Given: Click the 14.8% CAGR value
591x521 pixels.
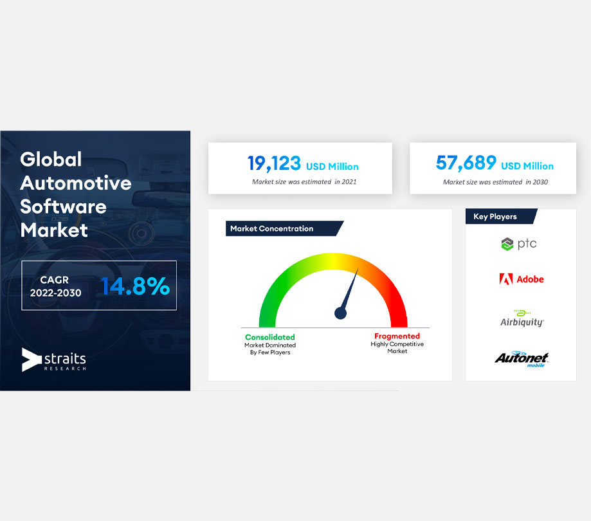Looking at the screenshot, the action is point(135,286).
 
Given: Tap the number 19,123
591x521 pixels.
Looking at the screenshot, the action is point(274,163).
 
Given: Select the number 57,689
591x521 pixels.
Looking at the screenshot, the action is point(466,163).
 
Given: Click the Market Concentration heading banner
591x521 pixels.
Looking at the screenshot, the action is point(284,228).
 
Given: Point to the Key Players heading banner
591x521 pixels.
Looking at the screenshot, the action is point(502,216).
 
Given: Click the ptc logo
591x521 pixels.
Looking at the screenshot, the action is point(518,244).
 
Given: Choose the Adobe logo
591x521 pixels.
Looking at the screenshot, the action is point(522,279).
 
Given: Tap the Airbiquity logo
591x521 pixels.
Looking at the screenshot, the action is point(522,318).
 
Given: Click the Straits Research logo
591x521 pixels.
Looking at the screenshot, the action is point(54,360).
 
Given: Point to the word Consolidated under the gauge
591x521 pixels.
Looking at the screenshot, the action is point(270,337).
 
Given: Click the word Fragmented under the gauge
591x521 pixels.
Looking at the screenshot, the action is point(397,336).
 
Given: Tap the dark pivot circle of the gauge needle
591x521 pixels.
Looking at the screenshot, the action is point(340,313).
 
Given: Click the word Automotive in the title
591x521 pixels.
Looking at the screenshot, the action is point(76,183).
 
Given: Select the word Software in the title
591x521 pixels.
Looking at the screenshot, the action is point(63,206).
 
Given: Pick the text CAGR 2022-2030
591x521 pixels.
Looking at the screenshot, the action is point(55,286).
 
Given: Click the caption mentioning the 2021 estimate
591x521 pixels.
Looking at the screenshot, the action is point(304,182).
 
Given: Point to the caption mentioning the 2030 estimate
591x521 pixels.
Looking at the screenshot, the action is point(495,182).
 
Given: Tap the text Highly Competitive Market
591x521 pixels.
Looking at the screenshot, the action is point(397,347).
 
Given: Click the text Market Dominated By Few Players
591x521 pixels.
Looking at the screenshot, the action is point(270,349).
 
